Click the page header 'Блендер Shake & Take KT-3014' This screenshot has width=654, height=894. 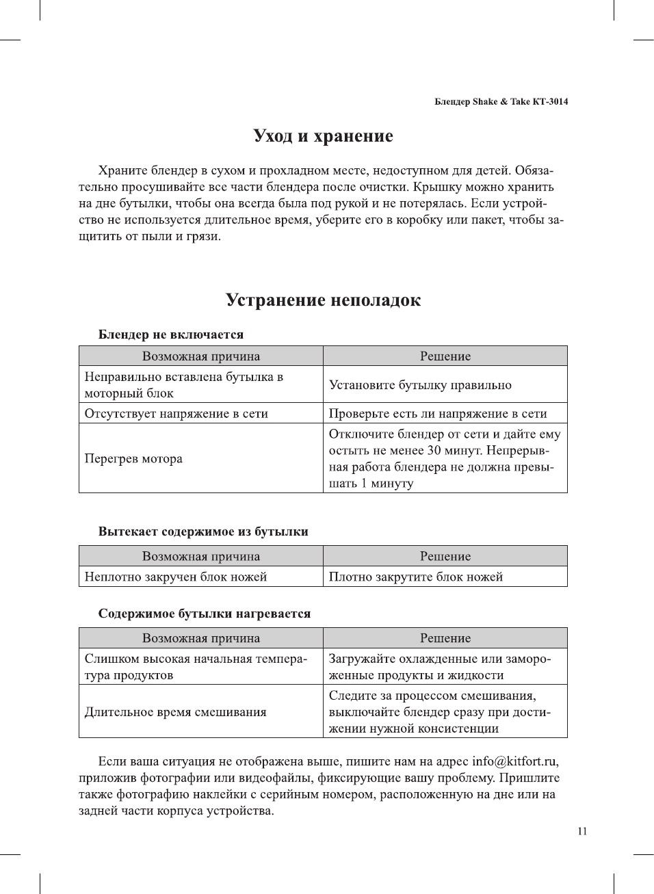[501, 102]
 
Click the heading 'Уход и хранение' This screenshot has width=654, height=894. [323, 136]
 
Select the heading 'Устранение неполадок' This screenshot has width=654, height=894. [323, 300]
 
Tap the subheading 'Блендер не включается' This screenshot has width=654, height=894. [171, 334]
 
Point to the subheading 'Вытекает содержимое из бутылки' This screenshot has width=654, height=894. [203, 531]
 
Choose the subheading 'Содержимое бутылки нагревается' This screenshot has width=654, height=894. [205, 614]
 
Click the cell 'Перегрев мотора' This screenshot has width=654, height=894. [133, 458]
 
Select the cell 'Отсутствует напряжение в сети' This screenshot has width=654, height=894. [176, 413]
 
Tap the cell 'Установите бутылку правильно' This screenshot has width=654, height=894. [420, 385]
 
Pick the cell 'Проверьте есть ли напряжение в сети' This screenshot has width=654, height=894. [438, 413]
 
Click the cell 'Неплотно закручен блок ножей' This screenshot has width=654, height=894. [175, 577]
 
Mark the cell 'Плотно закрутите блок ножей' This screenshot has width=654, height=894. [416, 577]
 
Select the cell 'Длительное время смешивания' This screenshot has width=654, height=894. [175, 712]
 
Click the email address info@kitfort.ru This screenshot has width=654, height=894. [514, 761]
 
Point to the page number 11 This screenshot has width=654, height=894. [582, 832]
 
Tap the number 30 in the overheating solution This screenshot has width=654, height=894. [434, 450]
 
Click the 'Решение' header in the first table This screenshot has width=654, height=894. [445, 356]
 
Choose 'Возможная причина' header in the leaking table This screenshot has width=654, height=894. [201, 556]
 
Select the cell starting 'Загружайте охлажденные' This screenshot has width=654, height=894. [439, 667]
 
